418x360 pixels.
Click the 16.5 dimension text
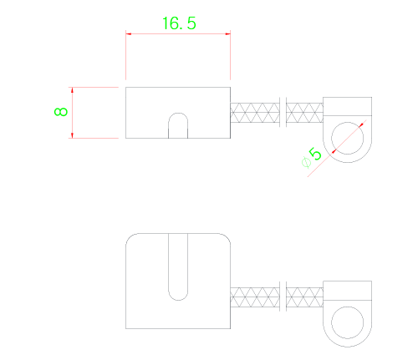(x=179, y=23)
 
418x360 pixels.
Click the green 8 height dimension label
(x=61, y=112)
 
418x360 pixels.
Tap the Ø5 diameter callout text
(x=311, y=157)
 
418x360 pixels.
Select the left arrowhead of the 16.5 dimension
(x=129, y=34)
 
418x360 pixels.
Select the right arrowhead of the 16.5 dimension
(x=227, y=34)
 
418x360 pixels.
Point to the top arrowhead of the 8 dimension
(x=72, y=90)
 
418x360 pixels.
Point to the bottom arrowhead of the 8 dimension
(x=72, y=135)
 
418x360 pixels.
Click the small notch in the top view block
(x=178, y=125)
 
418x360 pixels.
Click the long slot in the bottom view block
(x=178, y=267)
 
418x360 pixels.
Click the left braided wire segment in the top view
(x=255, y=113)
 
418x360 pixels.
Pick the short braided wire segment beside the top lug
(x=304, y=113)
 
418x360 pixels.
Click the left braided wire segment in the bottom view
(x=255, y=297)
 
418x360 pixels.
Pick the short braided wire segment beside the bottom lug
(x=304, y=297)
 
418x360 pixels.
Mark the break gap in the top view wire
(x=283, y=113)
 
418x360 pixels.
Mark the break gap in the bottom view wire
(x=283, y=297)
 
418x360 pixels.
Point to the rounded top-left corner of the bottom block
(x=129, y=236)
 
